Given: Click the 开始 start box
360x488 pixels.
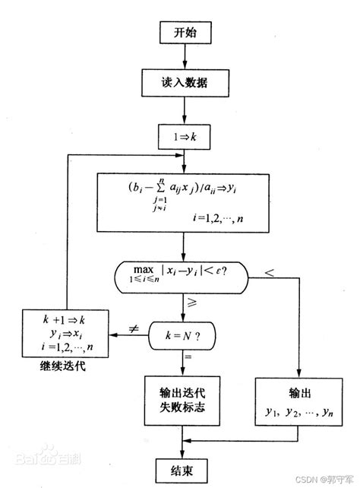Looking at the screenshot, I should click(183, 33).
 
